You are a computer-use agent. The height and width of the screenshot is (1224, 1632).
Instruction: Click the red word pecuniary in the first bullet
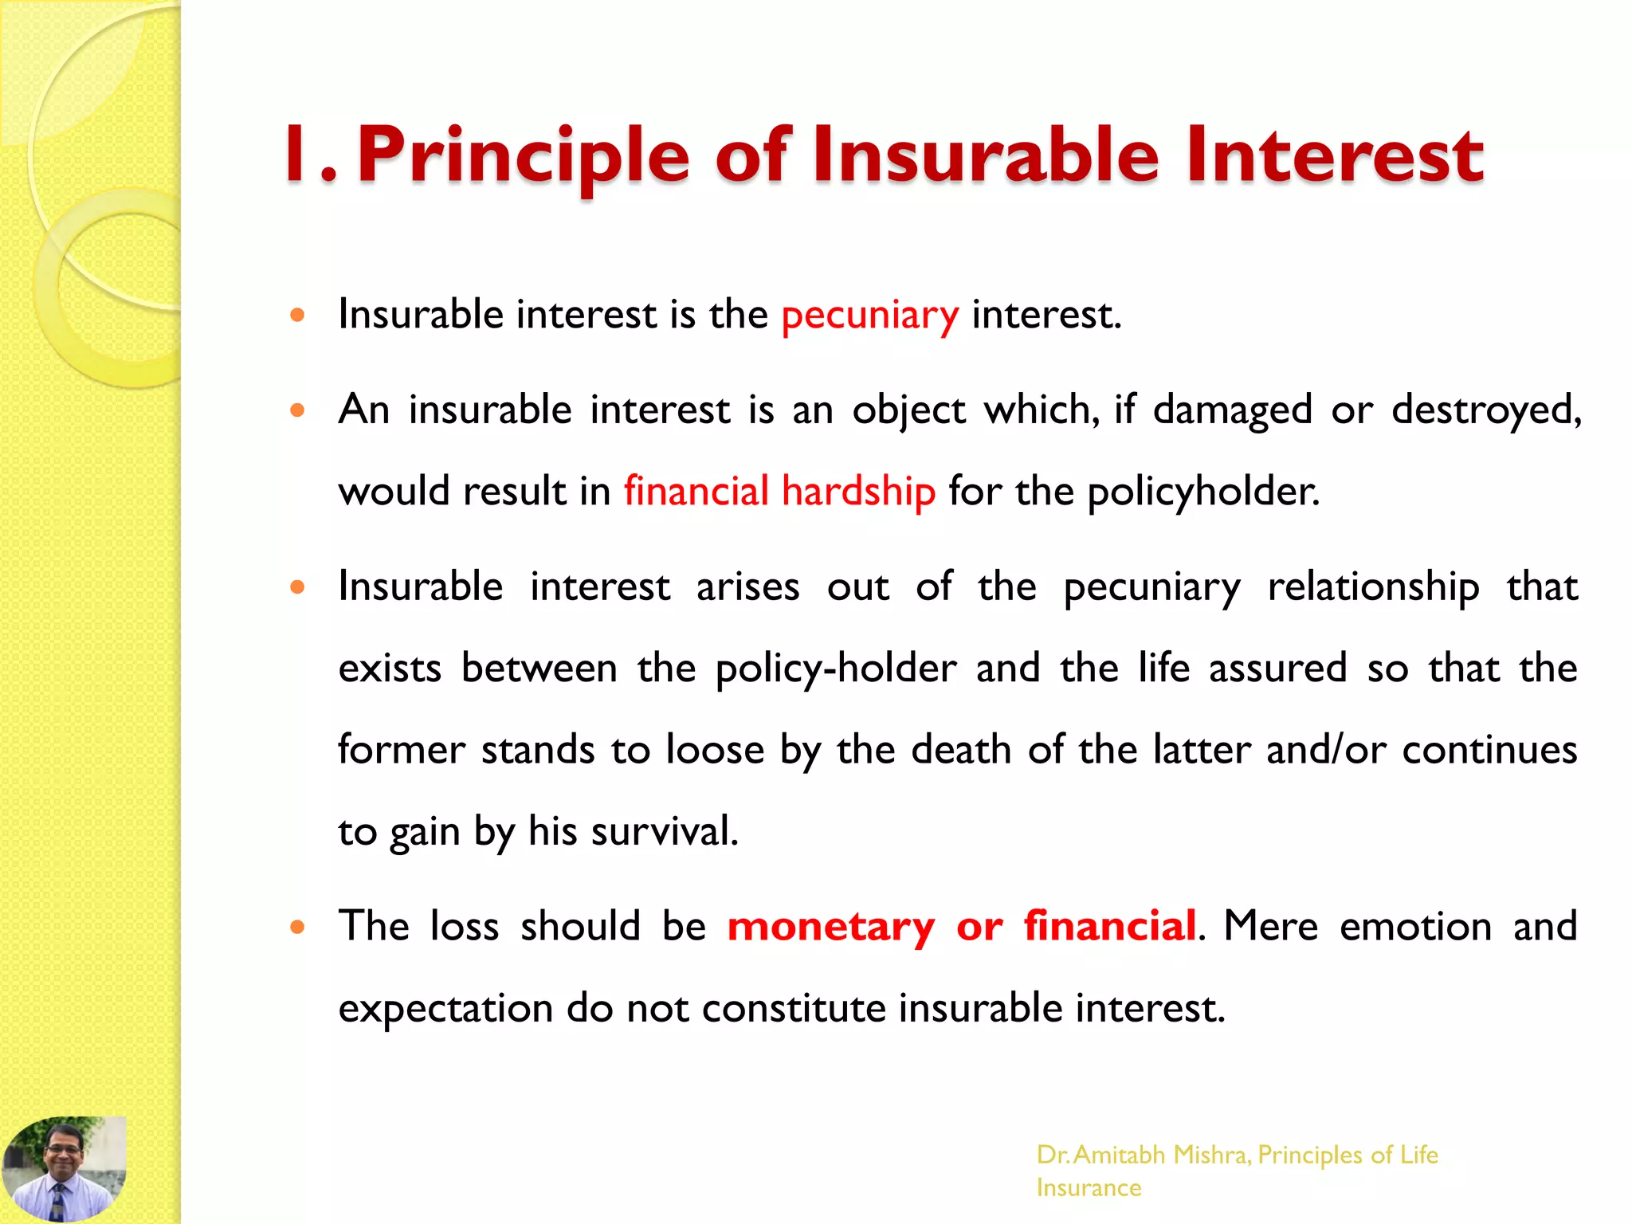click(x=869, y=316)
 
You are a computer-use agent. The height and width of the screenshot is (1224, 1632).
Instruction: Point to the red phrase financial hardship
click(x=779, y=491)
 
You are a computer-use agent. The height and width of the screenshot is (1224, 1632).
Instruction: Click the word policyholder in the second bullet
click(x=1202, y=492)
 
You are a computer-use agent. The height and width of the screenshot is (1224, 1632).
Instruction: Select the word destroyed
click(x=1485, y=410)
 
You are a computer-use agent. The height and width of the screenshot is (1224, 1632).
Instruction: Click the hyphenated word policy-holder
click(x=836, y=669)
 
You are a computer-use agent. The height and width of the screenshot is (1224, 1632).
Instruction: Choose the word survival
click(x=664, y=831)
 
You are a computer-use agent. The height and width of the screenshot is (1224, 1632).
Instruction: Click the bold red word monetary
click(x=831, y=927)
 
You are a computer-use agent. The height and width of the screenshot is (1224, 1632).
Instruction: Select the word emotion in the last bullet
click(x=1415, y=927)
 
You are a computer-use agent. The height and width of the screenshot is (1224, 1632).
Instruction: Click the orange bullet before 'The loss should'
click(x=297, y=928)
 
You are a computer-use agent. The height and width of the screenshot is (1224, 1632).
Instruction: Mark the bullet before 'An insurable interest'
click(x=297, y=411)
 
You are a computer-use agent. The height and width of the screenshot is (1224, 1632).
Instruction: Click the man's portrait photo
click(x=64, y=1169)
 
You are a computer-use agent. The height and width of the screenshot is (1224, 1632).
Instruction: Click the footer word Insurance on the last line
click(x=1089, y=1188)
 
